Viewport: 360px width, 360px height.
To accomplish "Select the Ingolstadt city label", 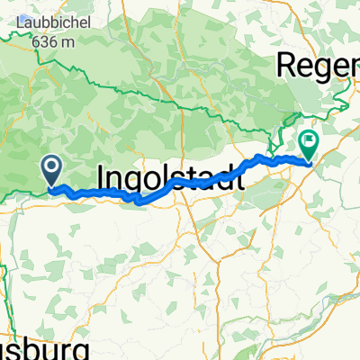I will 167,175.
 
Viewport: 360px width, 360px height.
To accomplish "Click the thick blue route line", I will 108,194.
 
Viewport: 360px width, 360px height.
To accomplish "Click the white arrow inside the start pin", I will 51,165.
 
